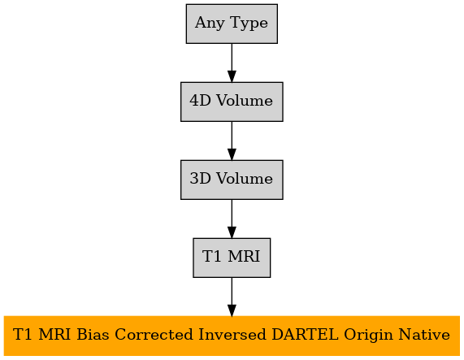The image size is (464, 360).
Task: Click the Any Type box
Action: pyautogui.click(x=232, y=24)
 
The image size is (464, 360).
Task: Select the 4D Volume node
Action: pyautogui.click(x=232, y=102)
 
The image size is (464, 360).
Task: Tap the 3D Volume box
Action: pyautogui.click(x=232, y=180)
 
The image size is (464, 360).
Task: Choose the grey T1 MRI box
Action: pyautogui.click(x=232, y=258)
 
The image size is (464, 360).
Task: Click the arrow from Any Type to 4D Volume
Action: pyautogui.click(x=232, y=63)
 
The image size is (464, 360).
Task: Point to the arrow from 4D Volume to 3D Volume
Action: pyautogui.click(x=232, y=141)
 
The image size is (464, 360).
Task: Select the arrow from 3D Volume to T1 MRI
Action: pyautogui.click(x=232, y=219)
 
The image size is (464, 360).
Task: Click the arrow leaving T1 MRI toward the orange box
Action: pyautogui.click(x=232, y=297)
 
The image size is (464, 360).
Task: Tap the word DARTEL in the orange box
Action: pyautogui.click(x=305, y=335)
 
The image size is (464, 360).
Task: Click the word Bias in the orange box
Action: pyautogui.click(x=93, y=335)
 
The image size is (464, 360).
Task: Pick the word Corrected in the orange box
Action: pyautogui.click(x=154, y=335)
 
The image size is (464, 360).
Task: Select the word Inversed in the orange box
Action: pyautogui.click(x=232, y=335)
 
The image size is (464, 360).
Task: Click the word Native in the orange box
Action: pyautogui.click(x=424, y=335)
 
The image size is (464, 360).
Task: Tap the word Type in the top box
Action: pyautogui.click(x=249, y=24)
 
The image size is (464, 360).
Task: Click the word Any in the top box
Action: pyautogui.click(x=210, y=24)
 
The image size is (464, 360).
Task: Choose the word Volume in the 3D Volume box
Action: pyautogui.click(x=245, y=179)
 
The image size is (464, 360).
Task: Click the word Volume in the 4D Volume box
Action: pyautogui.click(x=245, y=101)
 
